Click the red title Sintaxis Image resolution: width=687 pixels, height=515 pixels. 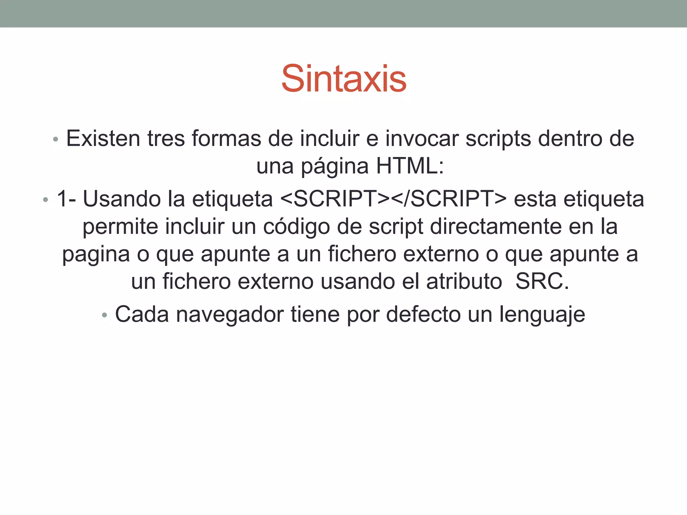(344, 79)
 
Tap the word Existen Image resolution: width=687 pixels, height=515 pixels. (103, 138)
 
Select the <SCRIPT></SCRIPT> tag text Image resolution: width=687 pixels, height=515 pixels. (393, 199)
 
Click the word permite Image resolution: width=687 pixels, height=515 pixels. (120, 227)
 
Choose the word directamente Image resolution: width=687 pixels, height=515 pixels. (496, 227)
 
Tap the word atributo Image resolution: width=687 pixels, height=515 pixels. (464, 281)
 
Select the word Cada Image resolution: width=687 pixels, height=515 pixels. (142, 314)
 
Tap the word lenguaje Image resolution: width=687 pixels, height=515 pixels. (542, 314)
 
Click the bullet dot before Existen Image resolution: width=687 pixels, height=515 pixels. (56, 139)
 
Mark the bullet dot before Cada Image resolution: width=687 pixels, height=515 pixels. (105, 316)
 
